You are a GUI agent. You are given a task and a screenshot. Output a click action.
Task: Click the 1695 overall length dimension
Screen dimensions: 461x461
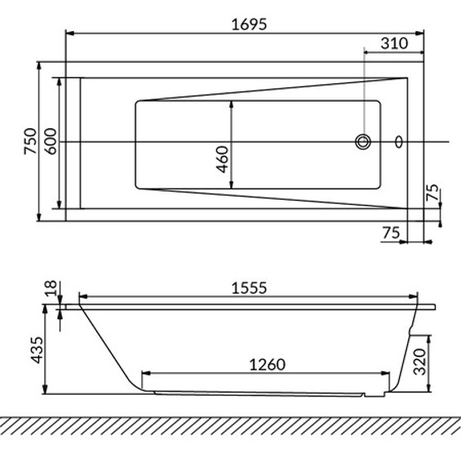pos(249,24)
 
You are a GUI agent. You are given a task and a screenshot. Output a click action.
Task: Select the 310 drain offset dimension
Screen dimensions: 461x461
pos(394,43)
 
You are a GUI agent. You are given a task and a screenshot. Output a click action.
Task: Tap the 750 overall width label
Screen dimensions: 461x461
pos(30,141)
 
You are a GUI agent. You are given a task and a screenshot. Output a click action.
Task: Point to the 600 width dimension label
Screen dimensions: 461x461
pos(50,141)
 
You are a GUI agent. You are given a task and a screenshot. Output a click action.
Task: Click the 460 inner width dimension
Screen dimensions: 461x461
pos(222,159)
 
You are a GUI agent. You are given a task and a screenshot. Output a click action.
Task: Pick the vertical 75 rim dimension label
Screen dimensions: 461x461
pos(432,193)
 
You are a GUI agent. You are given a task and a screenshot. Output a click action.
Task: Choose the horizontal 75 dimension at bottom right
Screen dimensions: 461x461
pos(391,233)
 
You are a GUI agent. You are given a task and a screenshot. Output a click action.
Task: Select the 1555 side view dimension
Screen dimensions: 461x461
pos(249,288)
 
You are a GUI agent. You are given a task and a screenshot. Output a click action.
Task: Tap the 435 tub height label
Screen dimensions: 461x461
pos(37,350)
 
